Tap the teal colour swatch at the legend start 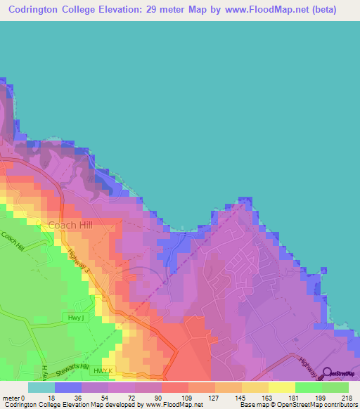coord(41,387)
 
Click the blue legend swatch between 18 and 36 coord(68,387)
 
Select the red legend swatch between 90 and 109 coord(175,387)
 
